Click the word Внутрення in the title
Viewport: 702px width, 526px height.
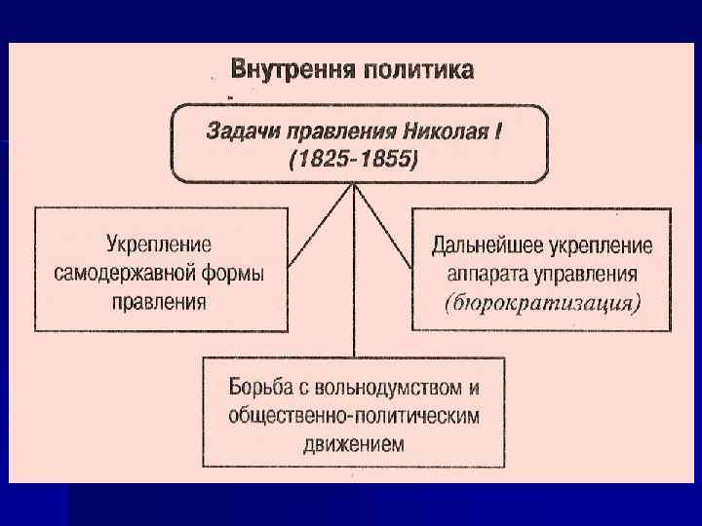pos(292,70)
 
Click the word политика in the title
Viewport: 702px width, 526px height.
pos(419,70)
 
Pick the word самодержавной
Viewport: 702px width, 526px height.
pos(136,273)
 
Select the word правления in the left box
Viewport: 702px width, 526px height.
pos(159,301)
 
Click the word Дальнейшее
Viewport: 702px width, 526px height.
pos(493,244)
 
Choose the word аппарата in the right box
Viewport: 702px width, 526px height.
pos(486,273)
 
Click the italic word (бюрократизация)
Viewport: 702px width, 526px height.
pos(541,303)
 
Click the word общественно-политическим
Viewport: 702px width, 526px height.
pos(354,414)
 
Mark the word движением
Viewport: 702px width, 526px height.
pos(354,443)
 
